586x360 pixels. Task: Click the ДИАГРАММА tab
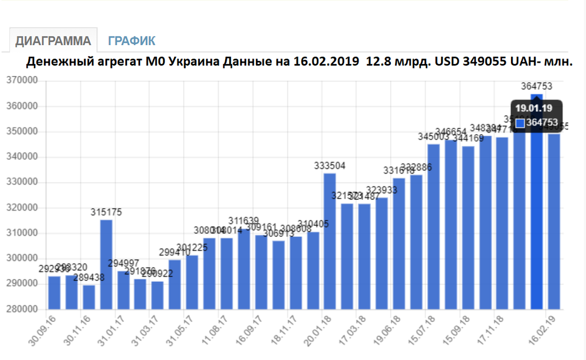point(53,41)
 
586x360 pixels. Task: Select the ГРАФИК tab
point(132,41)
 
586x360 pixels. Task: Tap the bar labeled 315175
point(106,264)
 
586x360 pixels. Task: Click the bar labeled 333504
point(330,240)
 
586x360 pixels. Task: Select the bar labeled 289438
point(89,296)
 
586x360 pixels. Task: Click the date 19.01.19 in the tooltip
point(533,108)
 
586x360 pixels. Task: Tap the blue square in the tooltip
point(519,123)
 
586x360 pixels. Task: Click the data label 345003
point(433,137)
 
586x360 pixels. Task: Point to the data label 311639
point(244,221)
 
